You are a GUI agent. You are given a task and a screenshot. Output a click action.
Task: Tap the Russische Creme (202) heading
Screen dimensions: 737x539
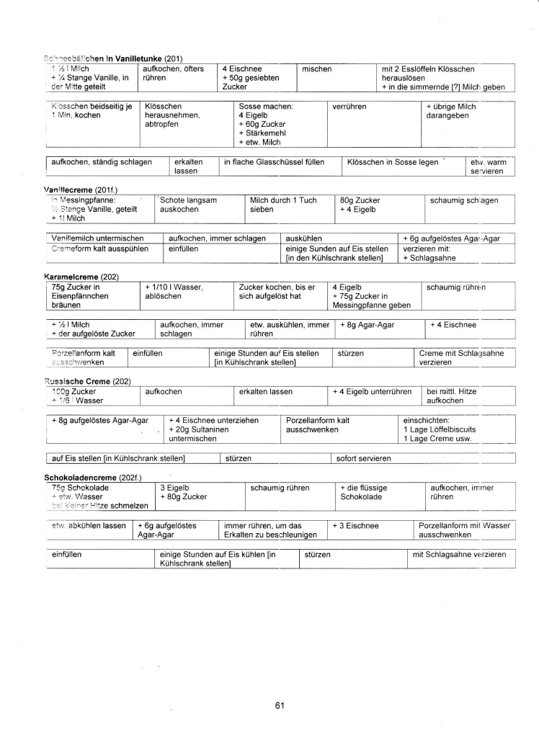tap(81, 380)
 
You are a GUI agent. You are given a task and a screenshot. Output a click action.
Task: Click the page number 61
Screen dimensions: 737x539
tap(280, 705)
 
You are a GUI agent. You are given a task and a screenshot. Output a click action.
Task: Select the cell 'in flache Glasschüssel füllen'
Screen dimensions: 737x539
tap(275, 162)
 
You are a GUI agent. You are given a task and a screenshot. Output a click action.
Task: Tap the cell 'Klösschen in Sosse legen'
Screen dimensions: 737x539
tap(393, 162)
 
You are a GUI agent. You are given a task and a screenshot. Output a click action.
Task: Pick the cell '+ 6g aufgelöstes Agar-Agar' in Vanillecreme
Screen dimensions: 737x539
tap(457, 238)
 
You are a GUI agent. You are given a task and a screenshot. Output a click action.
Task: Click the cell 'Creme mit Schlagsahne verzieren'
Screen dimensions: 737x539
tap(461, 358)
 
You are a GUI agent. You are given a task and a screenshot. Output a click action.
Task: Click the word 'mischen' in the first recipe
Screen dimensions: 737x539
tap(317, 69)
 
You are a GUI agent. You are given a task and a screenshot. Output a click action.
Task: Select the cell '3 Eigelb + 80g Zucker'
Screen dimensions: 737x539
tap(183, 492)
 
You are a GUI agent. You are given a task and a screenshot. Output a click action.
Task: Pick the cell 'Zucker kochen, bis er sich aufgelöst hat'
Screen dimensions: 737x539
tap(267, 291)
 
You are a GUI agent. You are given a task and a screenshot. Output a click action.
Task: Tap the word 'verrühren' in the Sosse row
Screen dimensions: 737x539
tap(349, 107)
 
